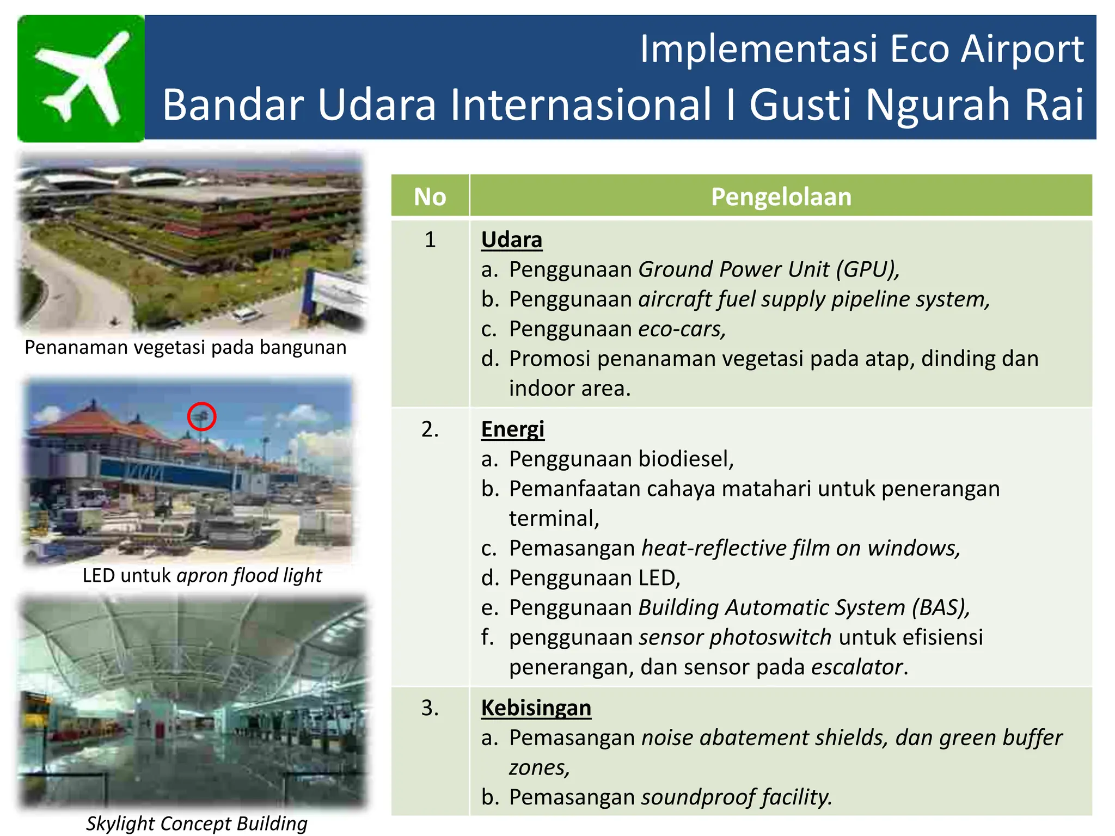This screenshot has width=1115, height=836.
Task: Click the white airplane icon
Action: coord(82,78)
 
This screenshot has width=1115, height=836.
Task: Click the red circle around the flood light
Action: coord(201,416)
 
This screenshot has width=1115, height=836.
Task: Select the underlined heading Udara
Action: coord(511,239)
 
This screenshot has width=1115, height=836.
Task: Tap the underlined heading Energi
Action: coord(512,429)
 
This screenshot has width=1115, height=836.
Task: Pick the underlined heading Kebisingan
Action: coord(536,708)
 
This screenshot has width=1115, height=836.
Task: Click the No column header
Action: coord(430,196)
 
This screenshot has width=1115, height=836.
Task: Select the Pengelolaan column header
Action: coord(781,196)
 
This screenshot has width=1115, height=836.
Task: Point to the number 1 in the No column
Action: coord(430,239)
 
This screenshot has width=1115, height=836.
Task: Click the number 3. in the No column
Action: coord(430,708)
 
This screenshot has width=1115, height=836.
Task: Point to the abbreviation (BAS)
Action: coord(941,607)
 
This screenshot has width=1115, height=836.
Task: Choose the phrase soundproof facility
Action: coord(736,797)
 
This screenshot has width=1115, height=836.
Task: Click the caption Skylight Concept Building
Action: coord(197,823)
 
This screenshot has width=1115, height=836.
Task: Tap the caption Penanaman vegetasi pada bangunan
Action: coord(185,347)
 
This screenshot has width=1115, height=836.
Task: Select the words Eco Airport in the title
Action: coord(987,49)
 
